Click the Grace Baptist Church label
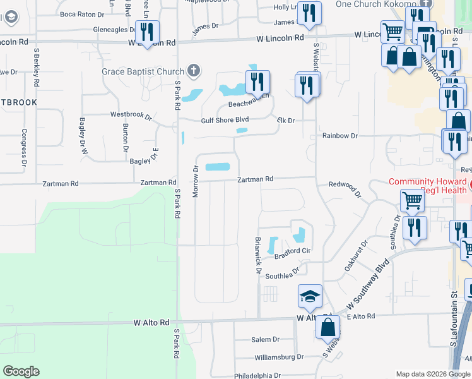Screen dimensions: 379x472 [x=143, y=71]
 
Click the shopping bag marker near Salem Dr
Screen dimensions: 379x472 [x=327, y=328]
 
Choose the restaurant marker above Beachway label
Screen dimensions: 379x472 [x=257, y=82]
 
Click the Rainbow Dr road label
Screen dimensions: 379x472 [x=339, y=136]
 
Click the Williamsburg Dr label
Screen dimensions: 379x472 [x=280, y=357]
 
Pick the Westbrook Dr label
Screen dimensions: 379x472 [x=131, y=116]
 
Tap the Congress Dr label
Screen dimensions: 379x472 [x=24, y=147]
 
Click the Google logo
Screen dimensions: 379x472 [x=21, y=371]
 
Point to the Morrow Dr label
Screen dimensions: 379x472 [x=196, y=181]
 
